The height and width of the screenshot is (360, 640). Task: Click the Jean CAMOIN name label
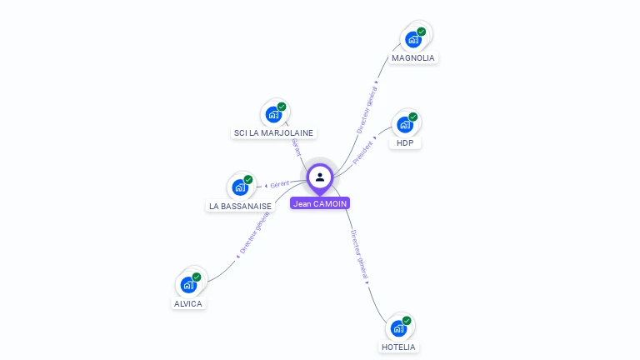coord(320,203)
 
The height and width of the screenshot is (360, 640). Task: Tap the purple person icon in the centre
coord(320,177)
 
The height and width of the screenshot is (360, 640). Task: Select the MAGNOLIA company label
coord(413,58)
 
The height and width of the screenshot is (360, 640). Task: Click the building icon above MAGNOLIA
coord(413,39)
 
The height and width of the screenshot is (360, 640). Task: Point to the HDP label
coord(405,143)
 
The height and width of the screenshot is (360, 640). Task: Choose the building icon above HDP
coord(405,125)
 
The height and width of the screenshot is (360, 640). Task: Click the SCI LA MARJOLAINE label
coord(274,133)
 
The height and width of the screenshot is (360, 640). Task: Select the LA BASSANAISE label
coord(240,206)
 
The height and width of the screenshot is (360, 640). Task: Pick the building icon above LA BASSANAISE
coord(240,187)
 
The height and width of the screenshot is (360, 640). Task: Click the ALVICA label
coord(188,304)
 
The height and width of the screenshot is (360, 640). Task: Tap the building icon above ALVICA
coord(188,285)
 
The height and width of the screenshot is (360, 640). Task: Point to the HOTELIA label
coord(398,347)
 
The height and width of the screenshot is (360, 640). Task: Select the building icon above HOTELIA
coord(398,328)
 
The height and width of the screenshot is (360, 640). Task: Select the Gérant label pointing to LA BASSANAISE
coord(280,183)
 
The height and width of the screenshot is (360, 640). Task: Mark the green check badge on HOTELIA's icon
coord(407,321)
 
